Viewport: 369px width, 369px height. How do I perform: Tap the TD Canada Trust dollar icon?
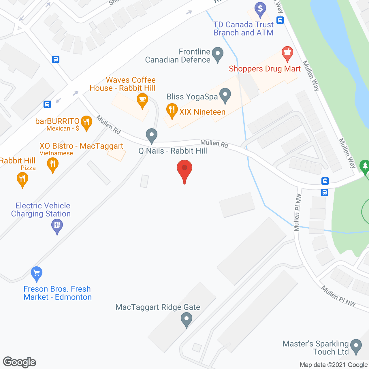(260, 9)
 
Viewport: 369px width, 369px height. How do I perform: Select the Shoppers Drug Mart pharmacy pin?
(287, 53)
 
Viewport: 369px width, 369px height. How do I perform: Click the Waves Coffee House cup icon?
(142, 100)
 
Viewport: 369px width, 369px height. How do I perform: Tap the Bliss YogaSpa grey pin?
(225, 95)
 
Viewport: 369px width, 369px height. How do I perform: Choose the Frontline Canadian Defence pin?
(218, 54)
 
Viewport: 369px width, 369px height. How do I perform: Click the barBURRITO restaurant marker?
(86, 122)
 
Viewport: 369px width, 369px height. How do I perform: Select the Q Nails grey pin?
(151, 135)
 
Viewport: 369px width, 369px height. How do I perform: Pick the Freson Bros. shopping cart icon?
(37, 273)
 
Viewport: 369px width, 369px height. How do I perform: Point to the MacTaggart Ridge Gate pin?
(187, 319)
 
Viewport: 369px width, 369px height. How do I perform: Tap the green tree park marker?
(365, 167)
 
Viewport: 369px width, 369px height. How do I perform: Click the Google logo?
(20, 362)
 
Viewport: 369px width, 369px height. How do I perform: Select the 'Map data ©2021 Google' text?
(334, 365)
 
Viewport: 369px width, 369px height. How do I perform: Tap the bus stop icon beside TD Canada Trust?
(280, 20)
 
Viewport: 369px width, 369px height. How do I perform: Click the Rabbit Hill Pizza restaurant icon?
(22, 179)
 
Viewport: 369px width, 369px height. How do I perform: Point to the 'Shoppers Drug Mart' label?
(265, 69)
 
